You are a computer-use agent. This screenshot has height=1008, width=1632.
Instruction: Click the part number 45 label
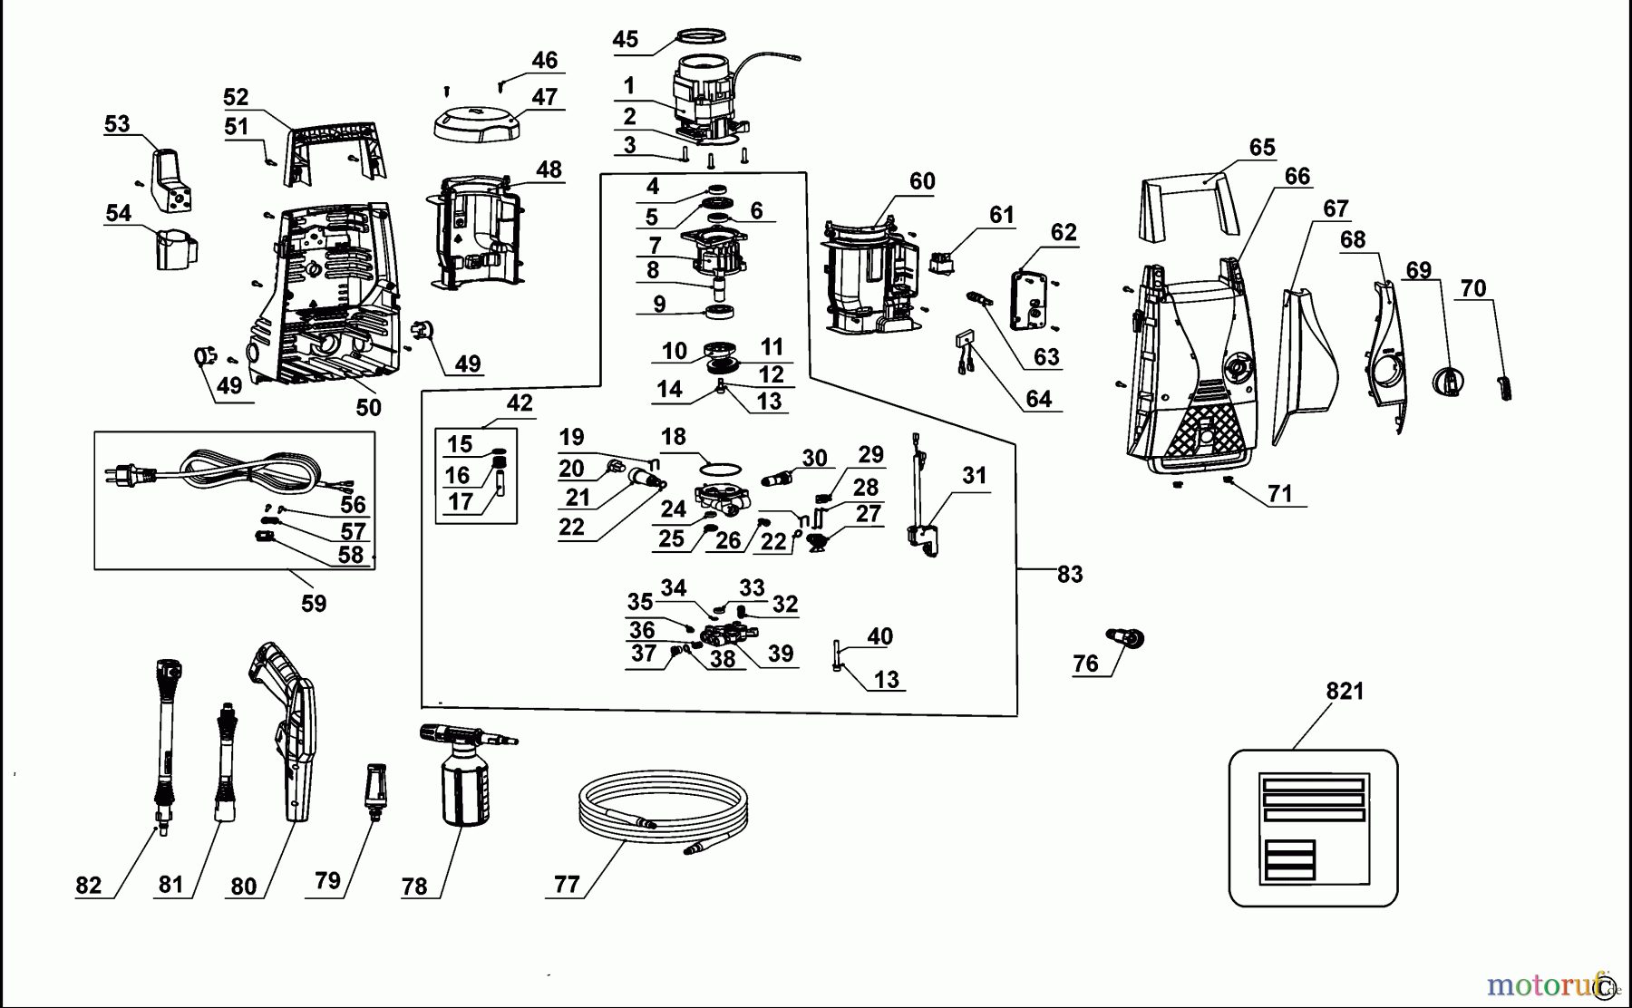(x=625, y=39)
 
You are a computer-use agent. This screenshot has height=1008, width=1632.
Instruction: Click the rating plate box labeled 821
(x=1313, y=827)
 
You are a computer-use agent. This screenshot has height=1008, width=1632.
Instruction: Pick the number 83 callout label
(x=1070, y=574)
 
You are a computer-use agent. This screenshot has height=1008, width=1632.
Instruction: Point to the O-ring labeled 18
(x=722, y=469)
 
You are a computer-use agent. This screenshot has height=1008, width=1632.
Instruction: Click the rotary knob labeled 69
(x=1448, y=380)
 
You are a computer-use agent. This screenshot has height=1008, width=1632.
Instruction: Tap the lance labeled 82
(x=167, y=743)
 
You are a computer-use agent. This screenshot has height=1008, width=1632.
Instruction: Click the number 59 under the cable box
(x=314, y=603)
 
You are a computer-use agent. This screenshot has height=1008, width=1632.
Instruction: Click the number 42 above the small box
(x=520, y=402)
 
